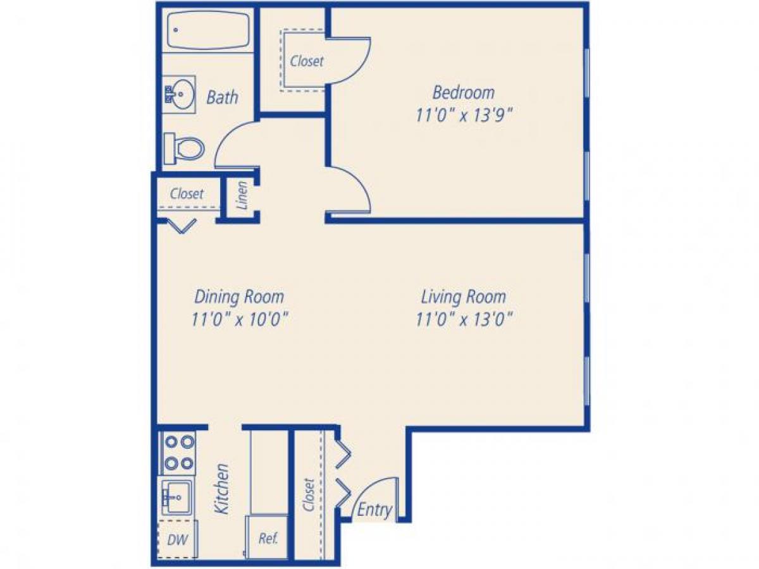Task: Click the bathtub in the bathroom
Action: click(x=208, y=30)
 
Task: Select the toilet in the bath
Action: click(x=185, y=149)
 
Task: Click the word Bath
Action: click(x=223, y=97)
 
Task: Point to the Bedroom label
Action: click(x=464, y=92)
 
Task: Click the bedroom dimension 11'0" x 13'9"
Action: click(x=464, y=116)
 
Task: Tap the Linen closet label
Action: click(x=242, y=195)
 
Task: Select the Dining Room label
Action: click(x=239, y=296)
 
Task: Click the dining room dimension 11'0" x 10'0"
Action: click(x=240, y=319)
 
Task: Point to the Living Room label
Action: click(x=464, y=296)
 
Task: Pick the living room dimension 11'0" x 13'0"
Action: click(x=464, y=319)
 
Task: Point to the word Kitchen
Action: click(x=221, y=488)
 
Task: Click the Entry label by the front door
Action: click(x=374, y=510)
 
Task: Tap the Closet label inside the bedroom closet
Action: click(x=307, y=61)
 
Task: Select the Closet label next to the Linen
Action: click(x=187, y=193)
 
